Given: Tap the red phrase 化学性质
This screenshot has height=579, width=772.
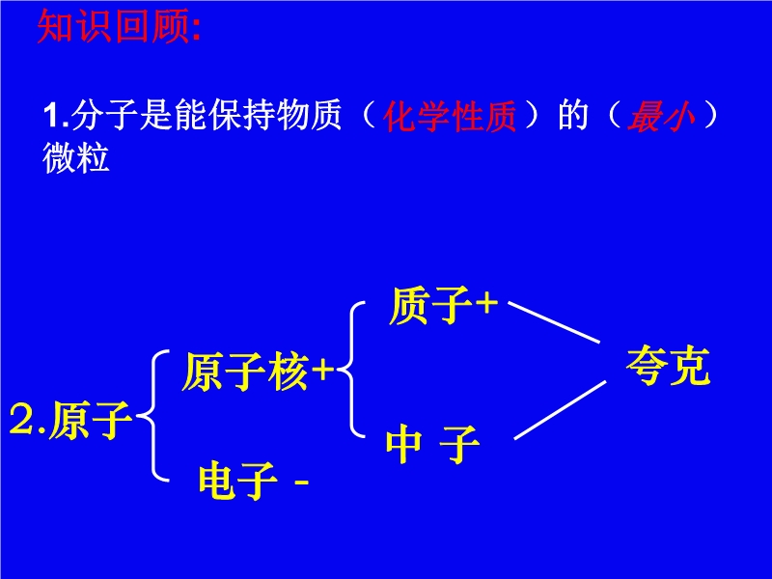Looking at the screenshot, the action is coord(450,117).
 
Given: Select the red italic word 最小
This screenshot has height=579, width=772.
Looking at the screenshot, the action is coord(661,117).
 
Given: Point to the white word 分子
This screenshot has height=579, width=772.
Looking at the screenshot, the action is coord(104,116).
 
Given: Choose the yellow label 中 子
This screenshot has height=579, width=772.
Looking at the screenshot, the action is coord(432,444).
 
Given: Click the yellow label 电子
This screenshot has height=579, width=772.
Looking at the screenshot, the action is coord(238,480).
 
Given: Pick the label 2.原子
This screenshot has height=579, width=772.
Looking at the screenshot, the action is coord(70,420).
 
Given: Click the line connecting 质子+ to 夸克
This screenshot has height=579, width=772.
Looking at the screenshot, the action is coord(554,322).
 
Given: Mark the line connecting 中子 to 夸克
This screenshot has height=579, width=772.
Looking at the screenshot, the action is coord(560,409).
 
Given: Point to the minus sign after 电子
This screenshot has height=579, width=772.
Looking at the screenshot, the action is coord(301,482).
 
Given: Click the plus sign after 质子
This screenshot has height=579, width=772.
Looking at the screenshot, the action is coord(487,303).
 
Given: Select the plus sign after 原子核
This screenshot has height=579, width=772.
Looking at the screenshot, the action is coord(323,370).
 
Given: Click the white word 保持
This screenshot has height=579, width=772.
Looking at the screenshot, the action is coord(240,116).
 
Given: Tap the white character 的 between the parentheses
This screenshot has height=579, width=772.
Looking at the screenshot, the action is coord(573,116).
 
